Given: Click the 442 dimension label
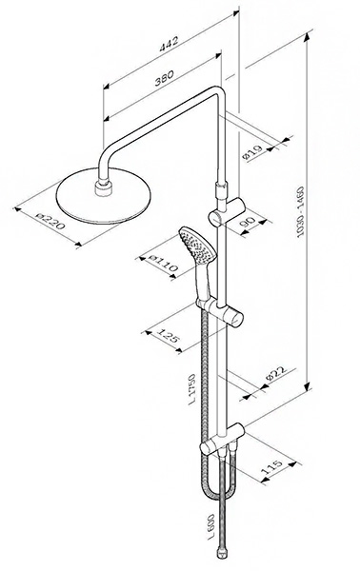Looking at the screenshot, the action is tap(170, 43).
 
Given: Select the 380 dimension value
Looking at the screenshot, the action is tap(164, 78).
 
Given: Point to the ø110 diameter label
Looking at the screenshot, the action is tap(164, 264).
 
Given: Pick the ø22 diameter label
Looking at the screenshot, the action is tap(275, 374).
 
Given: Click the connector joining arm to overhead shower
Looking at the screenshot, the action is tap(104, 189).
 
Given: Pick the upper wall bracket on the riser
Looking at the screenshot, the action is tap(227, 211).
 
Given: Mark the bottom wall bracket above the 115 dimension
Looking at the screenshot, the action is tap(223, 440).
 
